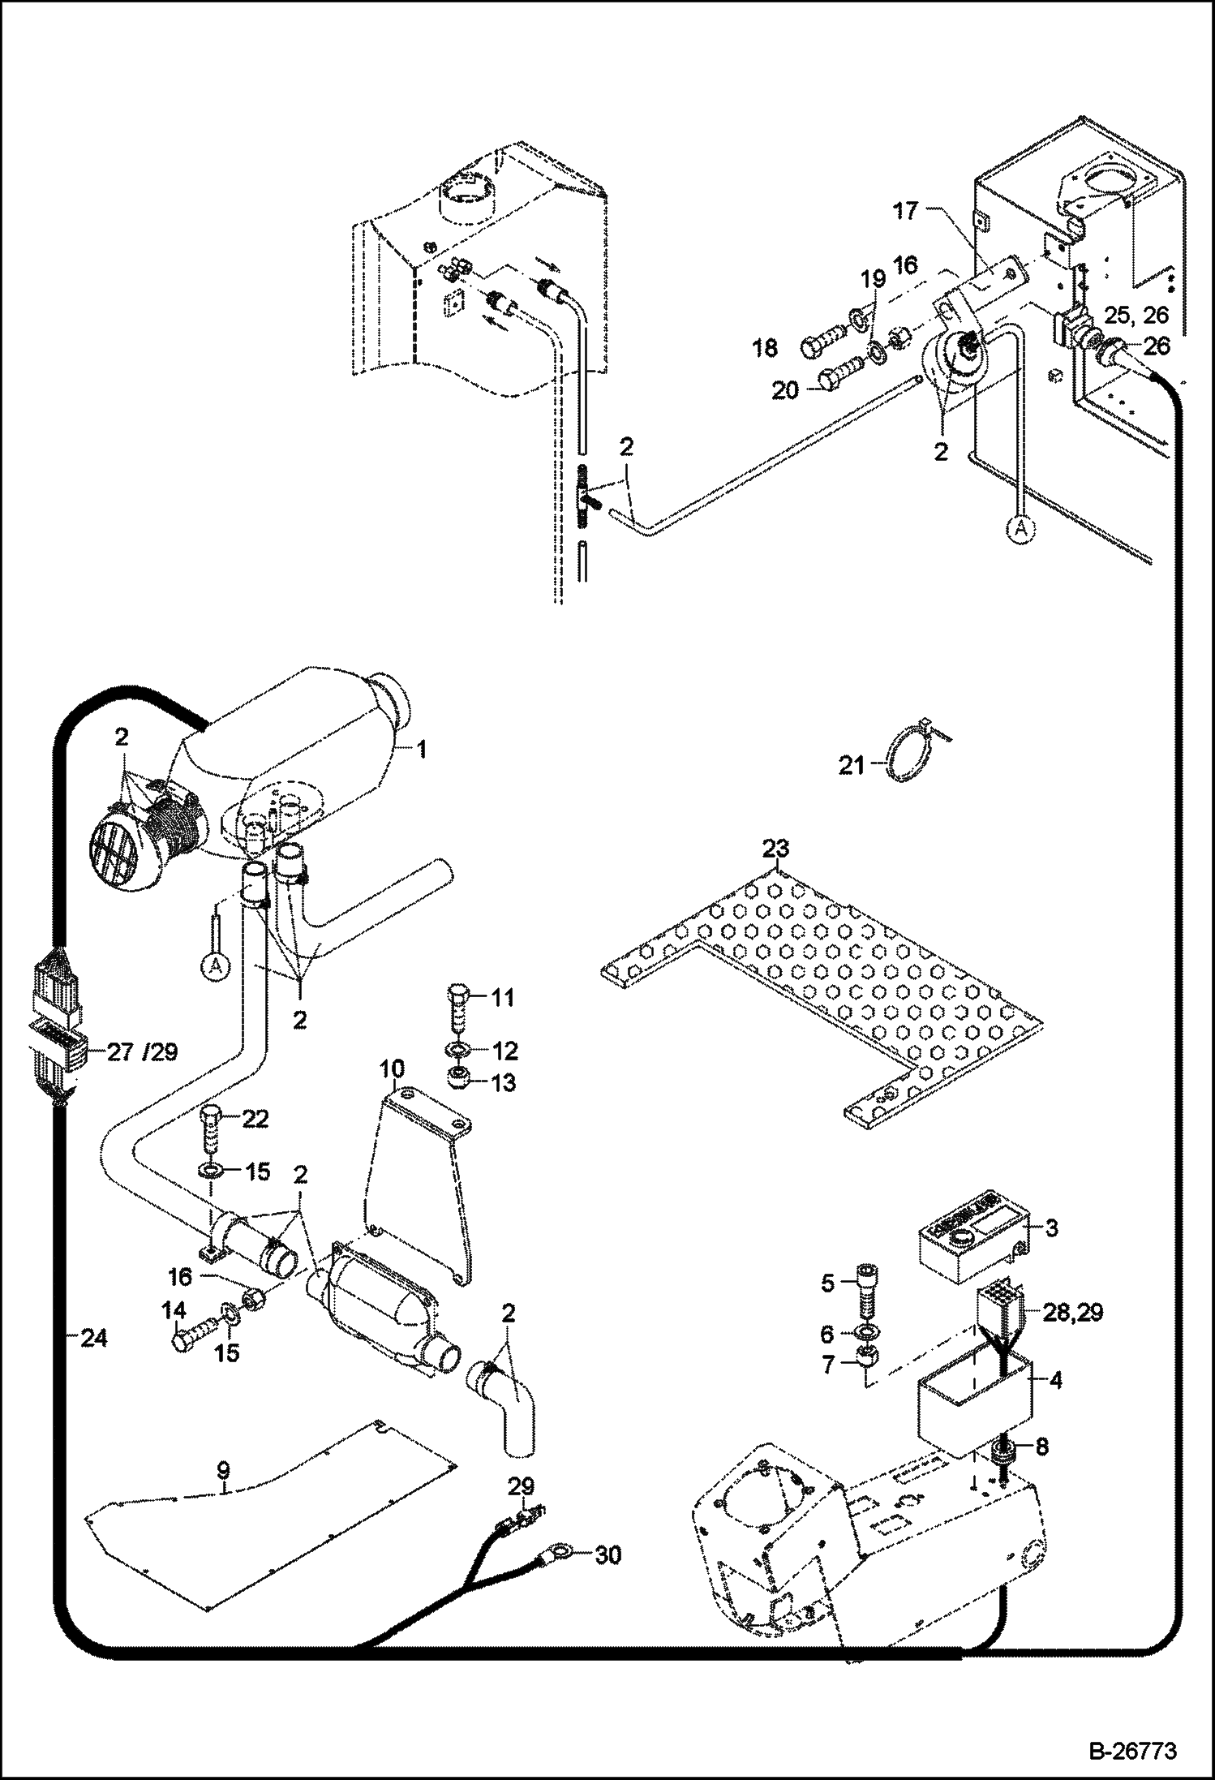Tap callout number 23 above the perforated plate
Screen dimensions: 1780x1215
(775, 849)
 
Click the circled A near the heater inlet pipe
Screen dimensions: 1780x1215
(213, 967)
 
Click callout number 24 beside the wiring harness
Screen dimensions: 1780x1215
(94, 1337)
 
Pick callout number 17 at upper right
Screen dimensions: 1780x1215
(905, 211)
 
